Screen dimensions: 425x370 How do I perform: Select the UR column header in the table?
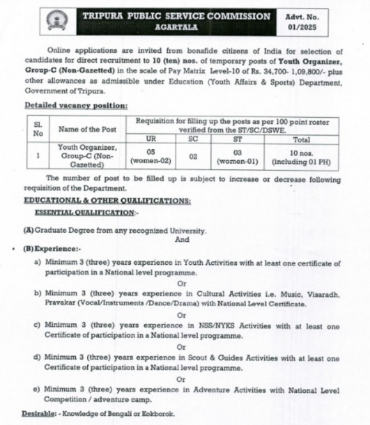pyautogui.click(x=152, y=140)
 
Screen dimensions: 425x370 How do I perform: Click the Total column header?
pyautogui.click(x=301, y=140)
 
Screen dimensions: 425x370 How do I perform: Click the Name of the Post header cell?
pyautogui.click(x=87, y=129)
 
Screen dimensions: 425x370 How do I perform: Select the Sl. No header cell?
pyautogui.click(x=38, y=129)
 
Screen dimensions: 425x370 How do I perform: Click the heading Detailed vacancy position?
pyautogui.click(x=76, y=106)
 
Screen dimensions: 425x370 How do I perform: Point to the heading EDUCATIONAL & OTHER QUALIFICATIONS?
pyautogui.click(x=107, y=200)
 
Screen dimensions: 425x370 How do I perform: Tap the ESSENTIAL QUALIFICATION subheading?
pyautogui.click(x=86, y=212)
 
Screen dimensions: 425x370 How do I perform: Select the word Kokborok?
pyautogui.click(x=155, y=414)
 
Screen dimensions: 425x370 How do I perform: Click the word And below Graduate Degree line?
pyautogui.click(x=182, y=239)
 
